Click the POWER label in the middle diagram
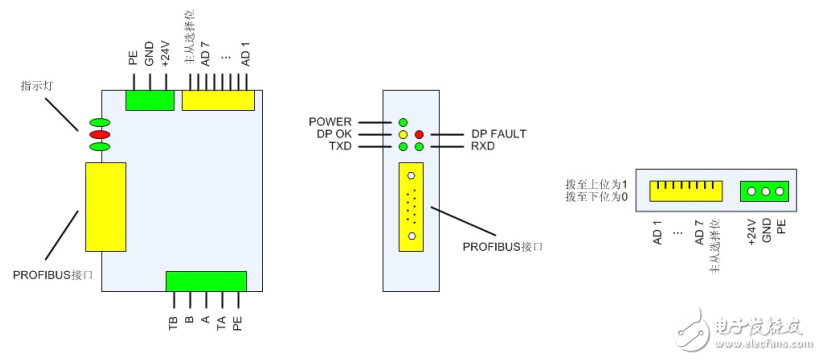tap(331, 121)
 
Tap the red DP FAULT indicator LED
tap(419, 134)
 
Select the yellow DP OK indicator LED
tap(403, 134)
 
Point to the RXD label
tap(484, 146)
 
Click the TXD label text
tap(338, 146)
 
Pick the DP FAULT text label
tap(498, 133)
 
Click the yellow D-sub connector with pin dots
tap(411, 207)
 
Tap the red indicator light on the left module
tap(99, 135)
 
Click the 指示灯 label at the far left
tap(38, 86)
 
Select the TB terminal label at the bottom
tap(173, 322)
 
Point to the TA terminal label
tap(221, 322)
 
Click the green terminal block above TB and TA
tap(205, 281)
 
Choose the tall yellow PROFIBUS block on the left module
tap(105, 205)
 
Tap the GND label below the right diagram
tap(766, 232)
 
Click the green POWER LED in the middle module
tap(403, 122)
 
